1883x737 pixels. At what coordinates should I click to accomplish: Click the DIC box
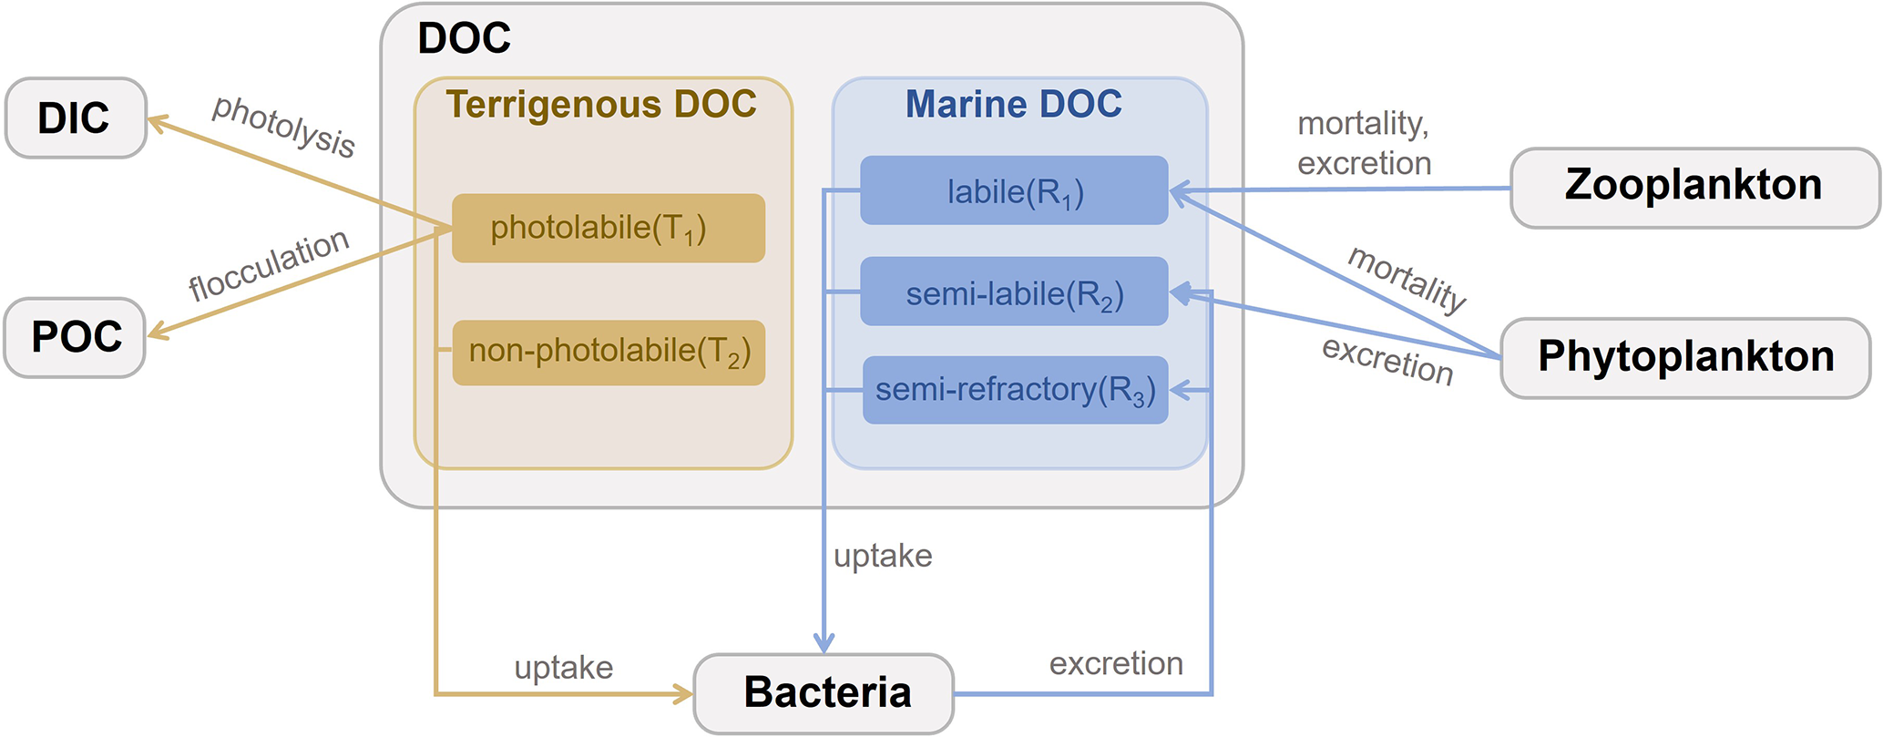click(76, 118)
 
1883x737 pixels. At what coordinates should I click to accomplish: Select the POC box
click(76, 337)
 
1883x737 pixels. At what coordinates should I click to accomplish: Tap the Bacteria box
click(824, 692)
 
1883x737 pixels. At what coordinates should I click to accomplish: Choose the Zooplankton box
click(1694, 187)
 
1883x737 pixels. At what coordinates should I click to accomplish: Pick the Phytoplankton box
click(1685, 357)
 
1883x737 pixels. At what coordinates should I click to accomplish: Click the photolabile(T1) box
click(608, 228)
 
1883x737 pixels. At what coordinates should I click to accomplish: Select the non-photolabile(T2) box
click(608, 352)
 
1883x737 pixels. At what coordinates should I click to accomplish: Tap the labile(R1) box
click(1014, 191)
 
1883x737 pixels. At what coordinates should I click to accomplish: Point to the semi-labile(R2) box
click(1014, 293)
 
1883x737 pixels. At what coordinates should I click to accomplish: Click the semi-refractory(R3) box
click(1015, 390)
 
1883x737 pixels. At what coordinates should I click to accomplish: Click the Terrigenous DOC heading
click(601, 105)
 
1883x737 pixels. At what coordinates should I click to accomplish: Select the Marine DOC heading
click(1013, 105)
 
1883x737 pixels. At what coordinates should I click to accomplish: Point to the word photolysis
click(283, 127)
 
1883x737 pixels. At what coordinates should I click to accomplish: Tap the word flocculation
click(269, 265)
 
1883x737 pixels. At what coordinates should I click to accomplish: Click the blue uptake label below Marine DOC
click(883, 556)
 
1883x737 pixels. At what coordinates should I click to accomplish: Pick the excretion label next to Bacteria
click(1116, 663)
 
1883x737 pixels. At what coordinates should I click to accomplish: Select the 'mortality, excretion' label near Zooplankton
click(1364, 143)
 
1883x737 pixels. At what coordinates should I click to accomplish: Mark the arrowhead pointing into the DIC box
click(156, 121)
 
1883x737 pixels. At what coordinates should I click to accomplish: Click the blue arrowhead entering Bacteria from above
click(824, 643)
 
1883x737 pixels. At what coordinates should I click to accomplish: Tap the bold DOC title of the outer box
click(464, 38)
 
